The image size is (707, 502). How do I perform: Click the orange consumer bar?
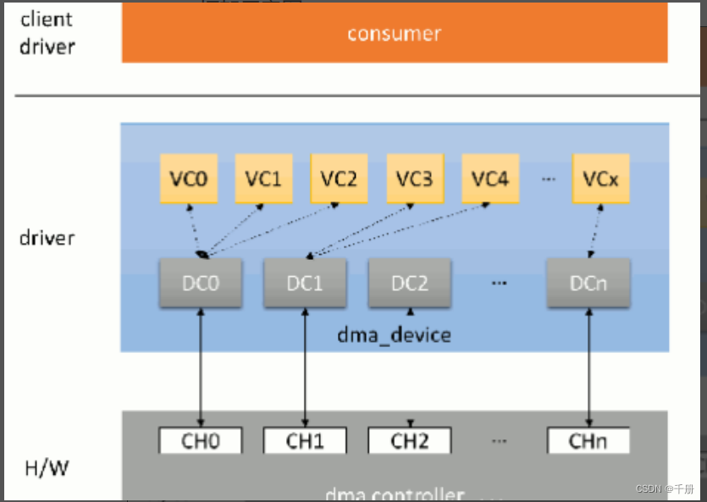[x=394, y=34]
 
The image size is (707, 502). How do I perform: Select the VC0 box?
[x=187, y=179]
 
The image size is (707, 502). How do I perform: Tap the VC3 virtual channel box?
[x=415, y=179]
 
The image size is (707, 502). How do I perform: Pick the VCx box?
[x=600, y=179]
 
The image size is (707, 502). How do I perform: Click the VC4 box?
[x=490, y=179]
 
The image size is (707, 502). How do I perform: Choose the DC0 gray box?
[x=201, y=284]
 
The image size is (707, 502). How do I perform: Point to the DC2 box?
[x=409, y=284]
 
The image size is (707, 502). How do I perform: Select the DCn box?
[x=588, y=284]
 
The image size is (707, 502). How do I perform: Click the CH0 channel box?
[x=201, y=440]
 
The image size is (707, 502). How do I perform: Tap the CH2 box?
[x=409, y=440]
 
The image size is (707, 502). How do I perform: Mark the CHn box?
[x=588, y=440]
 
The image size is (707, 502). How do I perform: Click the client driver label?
[x=47, y=33]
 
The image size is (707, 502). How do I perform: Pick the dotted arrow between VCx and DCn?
[x=594, y=230]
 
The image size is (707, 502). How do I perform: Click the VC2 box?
[x=339, y=179]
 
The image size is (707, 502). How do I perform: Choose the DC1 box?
[x=305, y=284]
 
